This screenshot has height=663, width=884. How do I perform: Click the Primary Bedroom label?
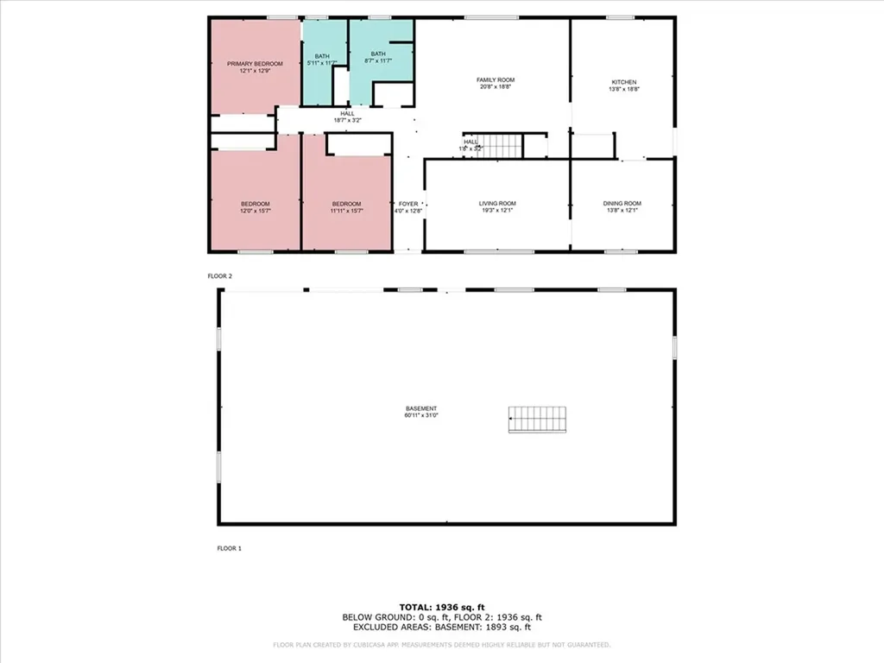point(255,64)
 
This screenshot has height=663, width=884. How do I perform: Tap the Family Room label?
point(496,79)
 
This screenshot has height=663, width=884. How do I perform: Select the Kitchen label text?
point(623,82)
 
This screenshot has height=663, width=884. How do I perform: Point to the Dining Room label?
point(622,204)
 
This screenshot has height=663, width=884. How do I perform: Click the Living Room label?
point(497,204)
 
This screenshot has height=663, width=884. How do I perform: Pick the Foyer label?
point(407,204)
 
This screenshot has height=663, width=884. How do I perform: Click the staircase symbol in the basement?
point(538,420)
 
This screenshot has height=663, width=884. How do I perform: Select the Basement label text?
point(421,408)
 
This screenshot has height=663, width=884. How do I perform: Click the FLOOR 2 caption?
point(220,276)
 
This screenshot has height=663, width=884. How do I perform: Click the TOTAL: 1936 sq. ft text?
point(441,607)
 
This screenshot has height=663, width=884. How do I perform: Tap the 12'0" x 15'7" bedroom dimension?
point(255,210)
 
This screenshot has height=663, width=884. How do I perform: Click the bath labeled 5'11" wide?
point(322,60)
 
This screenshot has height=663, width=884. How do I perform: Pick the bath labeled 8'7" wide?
point(380,56)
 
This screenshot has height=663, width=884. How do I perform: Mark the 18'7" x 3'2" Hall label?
point(347,120)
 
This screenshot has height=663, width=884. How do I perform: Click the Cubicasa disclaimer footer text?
point(441,645)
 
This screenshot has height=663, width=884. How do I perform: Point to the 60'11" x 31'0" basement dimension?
point(421,415)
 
